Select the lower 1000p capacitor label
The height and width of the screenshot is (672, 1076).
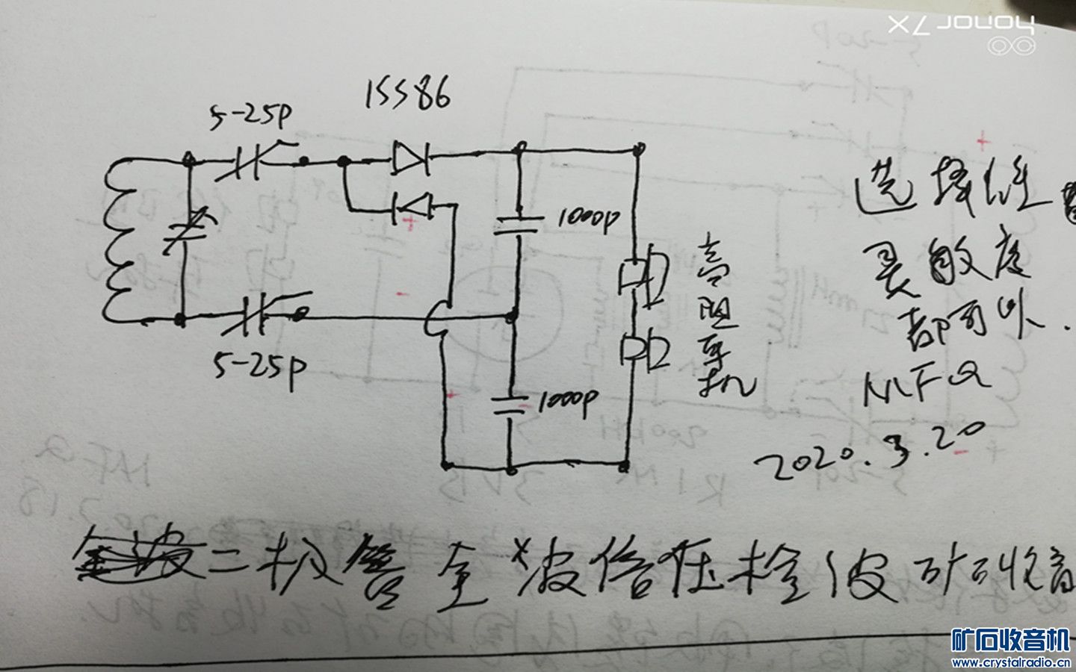[566, 403]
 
